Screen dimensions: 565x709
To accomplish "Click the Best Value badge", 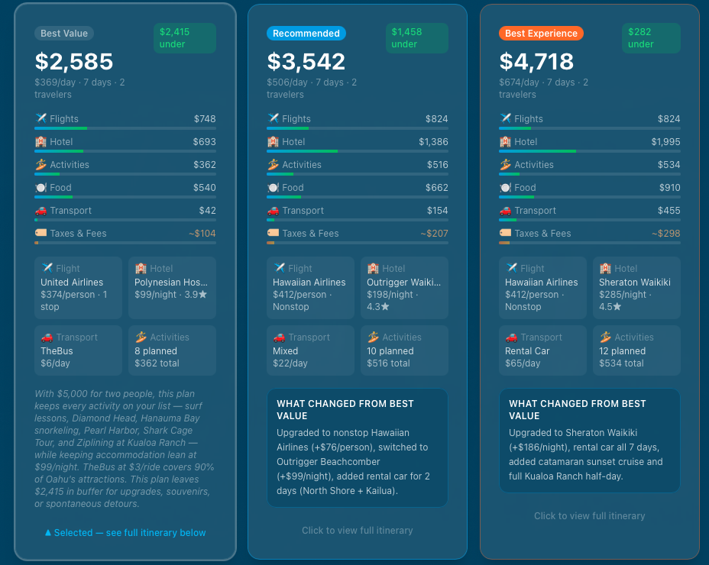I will click(x=64, y=34).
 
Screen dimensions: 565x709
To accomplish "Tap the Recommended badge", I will click(x=306, y=34).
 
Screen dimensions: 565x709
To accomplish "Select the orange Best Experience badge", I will click(x=541, y=34).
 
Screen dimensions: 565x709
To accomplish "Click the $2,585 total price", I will click(x=74, y=61).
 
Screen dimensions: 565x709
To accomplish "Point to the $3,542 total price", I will click(x=306, y=61).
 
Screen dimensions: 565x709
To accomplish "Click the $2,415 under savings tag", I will click(x=185, y=38).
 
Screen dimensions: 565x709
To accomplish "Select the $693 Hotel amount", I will click(x=205, y=142).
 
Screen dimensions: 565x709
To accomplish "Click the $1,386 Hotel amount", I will click(x=433, y=142).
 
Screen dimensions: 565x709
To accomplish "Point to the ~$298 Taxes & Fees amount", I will click(x=665, y=234).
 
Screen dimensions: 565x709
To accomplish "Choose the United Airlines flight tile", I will click(x=78, y=288).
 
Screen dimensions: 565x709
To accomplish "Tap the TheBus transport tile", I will click(x=78, y=350).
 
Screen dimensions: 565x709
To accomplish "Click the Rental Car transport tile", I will click(x=542, y=350).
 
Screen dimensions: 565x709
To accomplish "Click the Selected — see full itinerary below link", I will click(x=125, y=533).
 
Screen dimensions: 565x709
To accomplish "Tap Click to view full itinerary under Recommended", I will click(x=357, y=531).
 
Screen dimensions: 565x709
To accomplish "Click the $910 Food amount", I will click(x=669, y=188).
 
